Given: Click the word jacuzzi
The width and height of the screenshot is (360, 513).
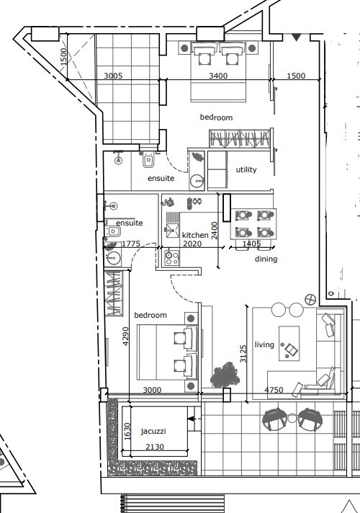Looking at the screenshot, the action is coord(153,431).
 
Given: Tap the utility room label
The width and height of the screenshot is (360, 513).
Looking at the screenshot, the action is coord(246,169).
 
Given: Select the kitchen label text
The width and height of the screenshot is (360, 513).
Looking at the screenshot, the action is coord(195,235).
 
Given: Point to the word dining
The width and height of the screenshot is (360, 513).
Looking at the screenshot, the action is coord(266,259).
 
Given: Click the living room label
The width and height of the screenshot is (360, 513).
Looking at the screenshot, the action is coord(264,344).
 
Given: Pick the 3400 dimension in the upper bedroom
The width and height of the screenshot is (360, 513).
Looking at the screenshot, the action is coord(218,76).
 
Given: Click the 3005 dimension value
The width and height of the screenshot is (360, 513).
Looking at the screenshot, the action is coord(113,76).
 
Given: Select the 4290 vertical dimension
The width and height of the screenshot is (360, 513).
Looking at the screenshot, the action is coord(125,336).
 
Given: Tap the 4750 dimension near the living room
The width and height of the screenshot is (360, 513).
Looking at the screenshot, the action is coord(274,390).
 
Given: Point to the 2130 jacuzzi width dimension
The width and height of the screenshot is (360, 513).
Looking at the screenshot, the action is coord(155,447).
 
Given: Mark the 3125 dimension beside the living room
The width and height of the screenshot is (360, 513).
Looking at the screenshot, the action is coord(243,353).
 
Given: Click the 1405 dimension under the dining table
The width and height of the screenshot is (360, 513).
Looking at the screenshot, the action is coord(252,244).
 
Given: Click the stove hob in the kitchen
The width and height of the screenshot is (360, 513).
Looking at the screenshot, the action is coord(172,258).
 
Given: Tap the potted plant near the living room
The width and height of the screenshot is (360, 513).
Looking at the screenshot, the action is coord(225,375).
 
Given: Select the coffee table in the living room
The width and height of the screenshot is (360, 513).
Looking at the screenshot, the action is coord(289,344).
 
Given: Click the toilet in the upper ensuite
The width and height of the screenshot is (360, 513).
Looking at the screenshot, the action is coord(148,160).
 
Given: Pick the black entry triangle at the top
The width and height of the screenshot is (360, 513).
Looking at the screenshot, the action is coord(296,37).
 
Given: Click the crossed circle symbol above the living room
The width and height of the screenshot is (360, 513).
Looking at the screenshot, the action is coord(310,299).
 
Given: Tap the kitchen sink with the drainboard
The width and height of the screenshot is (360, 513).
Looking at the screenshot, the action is coord(171,225).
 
